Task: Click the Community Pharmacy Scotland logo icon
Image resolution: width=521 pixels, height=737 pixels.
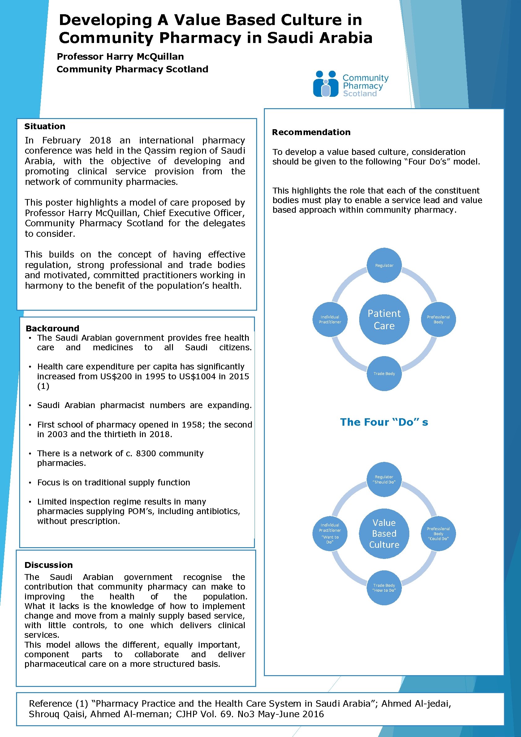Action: [326, 84]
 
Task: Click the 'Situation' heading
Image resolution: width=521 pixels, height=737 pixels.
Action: [45, 126]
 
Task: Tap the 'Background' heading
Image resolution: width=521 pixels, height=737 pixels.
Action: [52, 328]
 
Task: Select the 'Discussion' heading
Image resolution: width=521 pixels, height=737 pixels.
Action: [49, 565]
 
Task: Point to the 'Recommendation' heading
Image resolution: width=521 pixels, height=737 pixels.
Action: [311, 132]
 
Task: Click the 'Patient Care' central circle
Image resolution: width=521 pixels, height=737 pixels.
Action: [384, 319]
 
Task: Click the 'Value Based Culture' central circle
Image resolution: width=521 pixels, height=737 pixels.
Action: [384, 534]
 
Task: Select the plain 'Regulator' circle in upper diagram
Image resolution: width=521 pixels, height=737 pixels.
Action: [384, 266]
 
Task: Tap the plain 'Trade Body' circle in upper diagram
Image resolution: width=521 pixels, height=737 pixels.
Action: [384, 374]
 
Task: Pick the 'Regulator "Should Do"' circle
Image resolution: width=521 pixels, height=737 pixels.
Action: [384, 479]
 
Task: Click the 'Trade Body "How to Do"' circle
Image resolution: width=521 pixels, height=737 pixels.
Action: [384, 588]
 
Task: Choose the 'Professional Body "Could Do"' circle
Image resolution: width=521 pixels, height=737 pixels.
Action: [438, 534]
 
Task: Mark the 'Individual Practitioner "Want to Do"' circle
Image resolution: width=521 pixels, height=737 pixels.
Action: [330, 534]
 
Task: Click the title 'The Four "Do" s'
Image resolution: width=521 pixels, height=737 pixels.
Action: [384, 422]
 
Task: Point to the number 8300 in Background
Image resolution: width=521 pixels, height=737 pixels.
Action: [146, 454]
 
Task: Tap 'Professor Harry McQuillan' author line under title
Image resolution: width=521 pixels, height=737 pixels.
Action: [120, 57]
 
